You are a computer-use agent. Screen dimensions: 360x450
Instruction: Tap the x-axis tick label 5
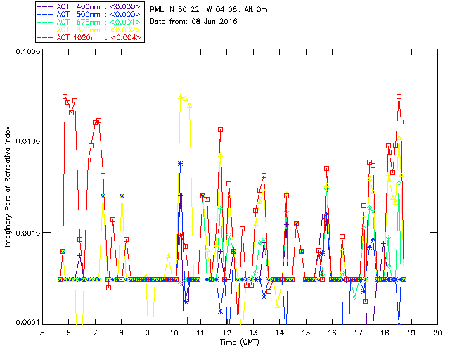coord(43,332)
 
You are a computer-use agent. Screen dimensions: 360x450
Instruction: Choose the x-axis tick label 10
coord(174,332)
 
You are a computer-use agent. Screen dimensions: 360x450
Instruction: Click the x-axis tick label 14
coord(280,332)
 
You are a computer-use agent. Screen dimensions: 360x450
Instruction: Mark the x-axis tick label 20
coord(438,332)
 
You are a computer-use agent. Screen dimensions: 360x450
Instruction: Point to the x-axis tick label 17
coord(359,332)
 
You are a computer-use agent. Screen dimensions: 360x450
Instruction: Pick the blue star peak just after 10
coord(181,163)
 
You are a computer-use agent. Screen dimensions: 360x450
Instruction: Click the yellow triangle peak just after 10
coord(181,97)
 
